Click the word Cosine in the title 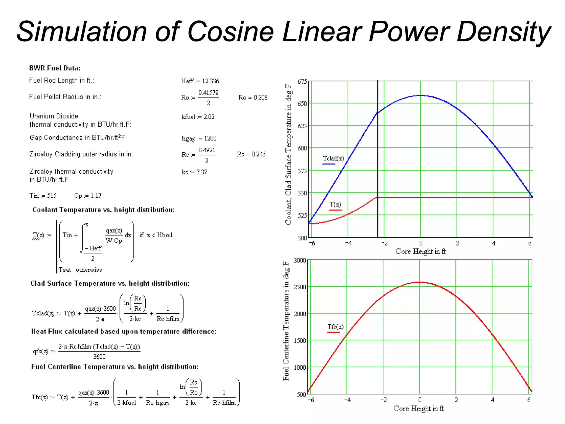pos(230,32)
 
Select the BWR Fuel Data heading pos(55,68)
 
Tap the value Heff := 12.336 pos(200,81)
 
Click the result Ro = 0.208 pos(253,97)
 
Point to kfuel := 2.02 pos(198,117)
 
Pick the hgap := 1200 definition pos(199,138)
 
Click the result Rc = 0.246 pos(251,154)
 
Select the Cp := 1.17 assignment pos(88,196)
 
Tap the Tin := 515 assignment pos(43,196)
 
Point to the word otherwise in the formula pos(89,270)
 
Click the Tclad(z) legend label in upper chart pos(334,158)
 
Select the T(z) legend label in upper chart pos(335,205)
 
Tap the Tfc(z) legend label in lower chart pos(335,327)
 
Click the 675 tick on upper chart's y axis pos(302,81)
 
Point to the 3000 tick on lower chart pos(300,260)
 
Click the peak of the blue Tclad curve pos(420,95)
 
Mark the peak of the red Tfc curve pos(419,282)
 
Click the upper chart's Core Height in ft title pos(420,251)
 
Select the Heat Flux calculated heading pos(124,331)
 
